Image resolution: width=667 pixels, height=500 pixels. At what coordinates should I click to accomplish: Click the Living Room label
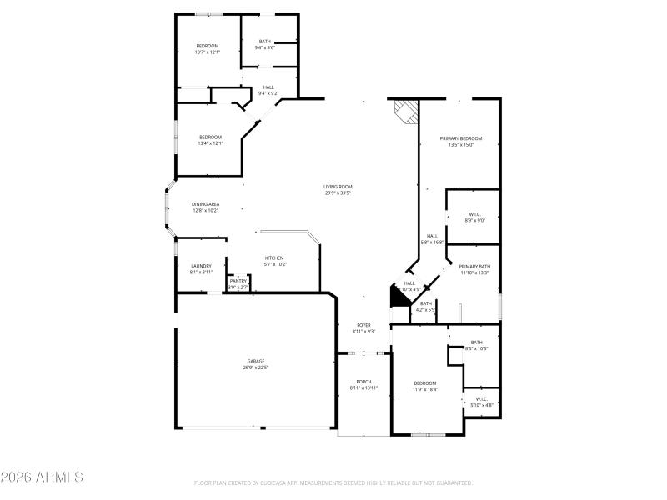click(338, 187)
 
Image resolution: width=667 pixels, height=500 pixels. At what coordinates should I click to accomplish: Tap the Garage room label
click(255, 361)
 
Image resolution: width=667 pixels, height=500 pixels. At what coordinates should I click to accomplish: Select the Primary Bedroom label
click(460, 138)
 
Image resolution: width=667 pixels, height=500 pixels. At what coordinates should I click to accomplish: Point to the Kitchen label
click(275, 257)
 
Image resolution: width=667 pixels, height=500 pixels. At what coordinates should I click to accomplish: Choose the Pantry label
click(238, 281)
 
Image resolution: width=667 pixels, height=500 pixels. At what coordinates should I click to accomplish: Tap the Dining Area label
click(205, 204)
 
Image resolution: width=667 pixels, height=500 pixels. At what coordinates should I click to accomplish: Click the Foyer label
click(364, 325)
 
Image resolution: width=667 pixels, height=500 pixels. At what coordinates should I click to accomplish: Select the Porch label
click(364, 382)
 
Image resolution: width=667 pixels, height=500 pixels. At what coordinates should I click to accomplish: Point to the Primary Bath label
click(474, 266)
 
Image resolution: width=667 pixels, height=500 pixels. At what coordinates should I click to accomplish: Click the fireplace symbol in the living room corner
click(405, 112)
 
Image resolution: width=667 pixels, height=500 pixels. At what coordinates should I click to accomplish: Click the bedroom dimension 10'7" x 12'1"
click(207, 52)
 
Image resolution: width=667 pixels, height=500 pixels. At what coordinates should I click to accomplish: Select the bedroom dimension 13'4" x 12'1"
click(210, 143)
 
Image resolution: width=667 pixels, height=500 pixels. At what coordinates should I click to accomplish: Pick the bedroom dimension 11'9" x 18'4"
click(425, 389)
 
